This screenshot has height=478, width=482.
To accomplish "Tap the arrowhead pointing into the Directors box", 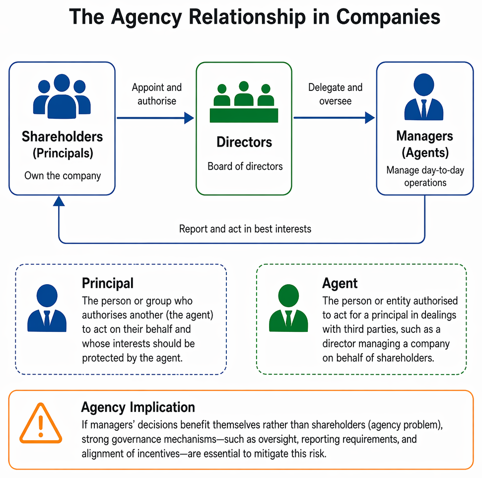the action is coord(189,118).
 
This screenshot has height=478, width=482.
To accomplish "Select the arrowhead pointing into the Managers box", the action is coord(370,118).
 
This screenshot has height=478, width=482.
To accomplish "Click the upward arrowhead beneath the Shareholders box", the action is coord(59,201).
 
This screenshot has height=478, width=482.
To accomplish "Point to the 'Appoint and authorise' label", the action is coord(157,94).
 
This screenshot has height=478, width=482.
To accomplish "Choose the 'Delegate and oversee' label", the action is coord(336,94).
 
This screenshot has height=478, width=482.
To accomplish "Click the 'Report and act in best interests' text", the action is coord(245,229).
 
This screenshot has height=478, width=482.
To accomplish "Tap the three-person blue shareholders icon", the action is coord(62,96).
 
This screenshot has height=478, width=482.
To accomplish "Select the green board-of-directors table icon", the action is coord(244,102).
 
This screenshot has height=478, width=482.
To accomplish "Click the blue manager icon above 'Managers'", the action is coord(424,97).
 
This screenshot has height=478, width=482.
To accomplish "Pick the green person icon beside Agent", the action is coord(288,308).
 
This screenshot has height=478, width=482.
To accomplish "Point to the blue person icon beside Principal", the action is coord(47,308).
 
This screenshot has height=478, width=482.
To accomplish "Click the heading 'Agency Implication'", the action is coord(138,407).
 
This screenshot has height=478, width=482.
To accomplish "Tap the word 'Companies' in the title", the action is coord(388,17).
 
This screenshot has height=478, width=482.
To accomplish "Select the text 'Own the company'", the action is coord(63,176).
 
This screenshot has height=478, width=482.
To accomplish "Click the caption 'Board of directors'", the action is coord(245,166).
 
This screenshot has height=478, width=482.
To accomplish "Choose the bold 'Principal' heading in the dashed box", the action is coord(108,283).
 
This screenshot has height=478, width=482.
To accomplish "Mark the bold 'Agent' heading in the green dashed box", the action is coord(340,283).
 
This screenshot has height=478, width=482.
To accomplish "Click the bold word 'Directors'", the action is coord(244,142).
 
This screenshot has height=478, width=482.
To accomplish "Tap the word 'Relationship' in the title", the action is coord(247,17).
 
